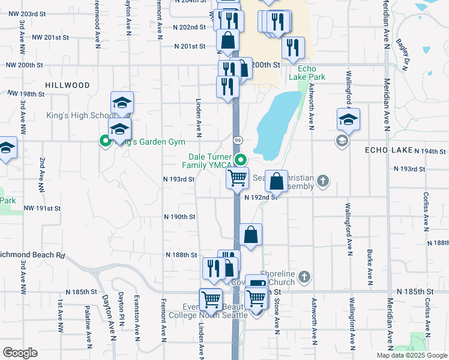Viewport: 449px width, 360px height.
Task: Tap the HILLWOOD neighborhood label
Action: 67,86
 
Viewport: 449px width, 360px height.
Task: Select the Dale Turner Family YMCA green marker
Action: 241,160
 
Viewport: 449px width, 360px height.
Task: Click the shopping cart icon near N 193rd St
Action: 237,177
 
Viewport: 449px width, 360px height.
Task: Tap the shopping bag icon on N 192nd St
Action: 276,181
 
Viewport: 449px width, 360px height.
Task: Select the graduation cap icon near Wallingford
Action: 348,119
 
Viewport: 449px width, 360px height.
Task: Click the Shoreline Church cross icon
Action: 304,276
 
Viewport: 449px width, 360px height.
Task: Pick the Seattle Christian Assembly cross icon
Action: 322,181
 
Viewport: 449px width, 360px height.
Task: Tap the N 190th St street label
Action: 180,217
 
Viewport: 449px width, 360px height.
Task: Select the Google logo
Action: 20,353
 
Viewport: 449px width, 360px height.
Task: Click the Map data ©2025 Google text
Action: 411,355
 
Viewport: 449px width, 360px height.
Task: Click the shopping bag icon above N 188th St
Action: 250,235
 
